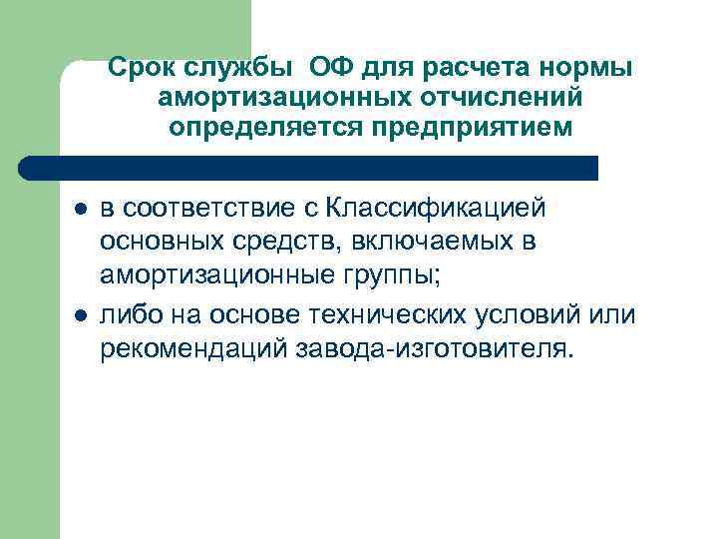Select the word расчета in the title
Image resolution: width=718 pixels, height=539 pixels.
coord(469,69)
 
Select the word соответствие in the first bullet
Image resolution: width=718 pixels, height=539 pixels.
coord(203,209)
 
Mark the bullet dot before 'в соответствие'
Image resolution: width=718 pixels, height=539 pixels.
coord(80,210)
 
